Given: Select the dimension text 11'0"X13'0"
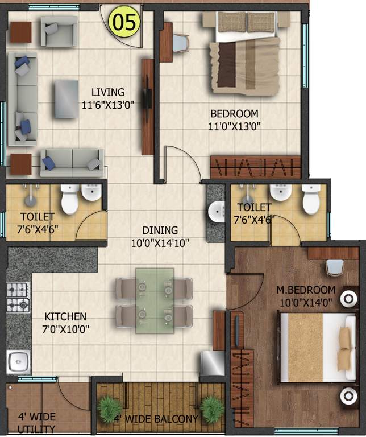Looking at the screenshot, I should click(234, 126).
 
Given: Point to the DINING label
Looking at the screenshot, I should click(160, 230).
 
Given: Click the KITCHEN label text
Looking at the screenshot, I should click(66, 316).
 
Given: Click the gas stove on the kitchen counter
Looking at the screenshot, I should click(18, 297).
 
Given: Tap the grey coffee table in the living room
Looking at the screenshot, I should click(66, 99).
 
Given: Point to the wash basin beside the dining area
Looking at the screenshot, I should click(217, 212).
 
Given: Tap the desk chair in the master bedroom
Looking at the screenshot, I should click(334, 267).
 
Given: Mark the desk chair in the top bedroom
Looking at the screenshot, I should click(180, 42).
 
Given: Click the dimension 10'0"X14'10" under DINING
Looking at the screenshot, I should click(160, 242).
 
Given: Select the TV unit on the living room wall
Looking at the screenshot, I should click(147, 106).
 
